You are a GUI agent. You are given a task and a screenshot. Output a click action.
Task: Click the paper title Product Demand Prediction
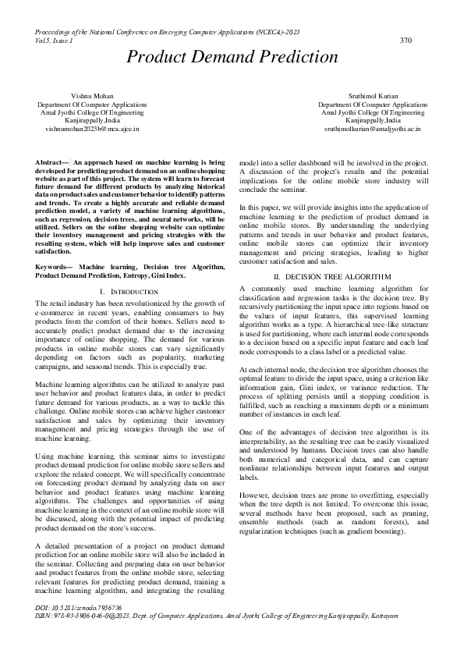tap(232, 57)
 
